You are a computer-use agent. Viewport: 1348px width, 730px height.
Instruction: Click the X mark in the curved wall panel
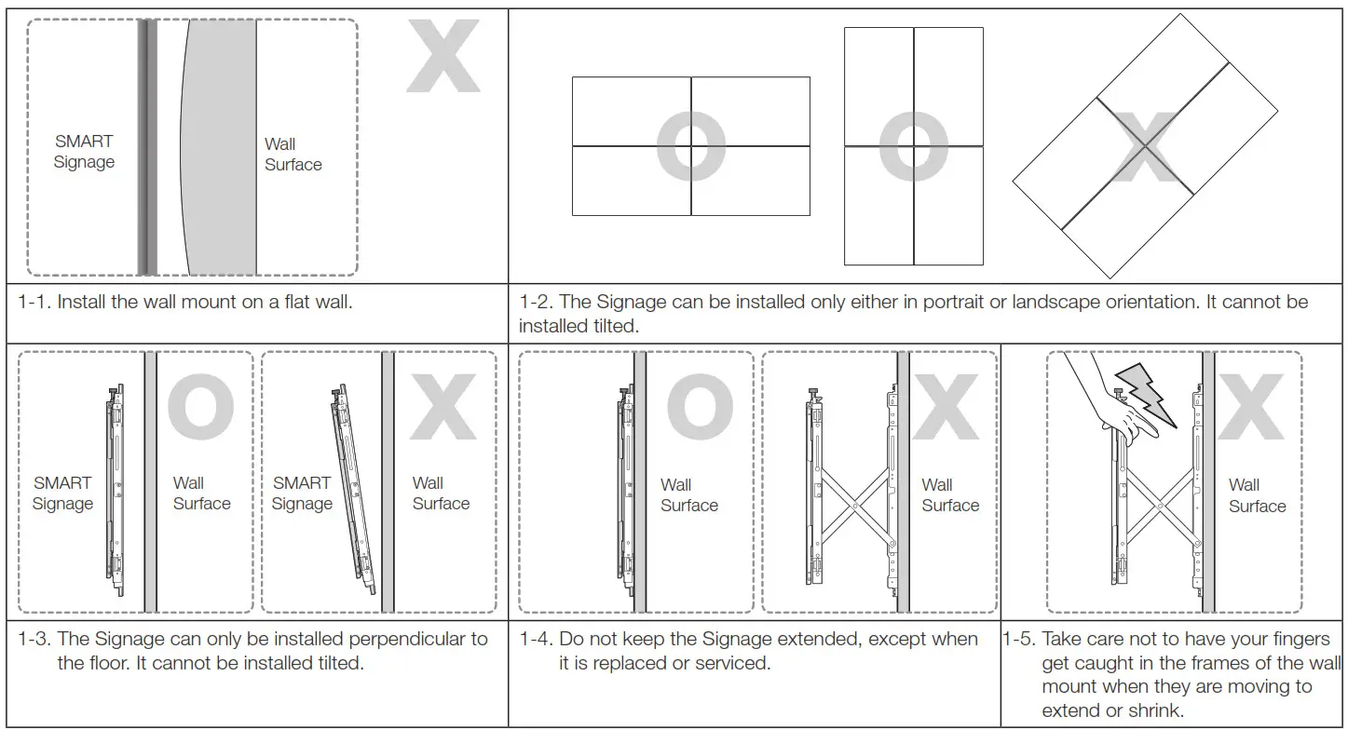(443, 58)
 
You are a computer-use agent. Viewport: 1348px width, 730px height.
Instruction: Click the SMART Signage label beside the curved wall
(84, 152)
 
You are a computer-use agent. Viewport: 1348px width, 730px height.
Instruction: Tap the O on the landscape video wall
(691, 146)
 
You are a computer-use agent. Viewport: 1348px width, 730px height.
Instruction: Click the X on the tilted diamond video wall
(1145, 147)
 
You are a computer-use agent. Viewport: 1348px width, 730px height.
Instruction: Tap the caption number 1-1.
(34, 303)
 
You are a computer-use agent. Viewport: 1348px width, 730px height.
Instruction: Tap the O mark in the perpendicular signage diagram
(200, 409)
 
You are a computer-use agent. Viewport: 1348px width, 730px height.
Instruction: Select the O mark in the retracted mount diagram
(699, 409)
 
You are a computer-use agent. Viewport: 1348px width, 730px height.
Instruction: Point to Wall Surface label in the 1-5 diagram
(1256, 495)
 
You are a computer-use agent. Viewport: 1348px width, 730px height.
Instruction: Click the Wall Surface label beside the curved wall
(293, 155)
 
